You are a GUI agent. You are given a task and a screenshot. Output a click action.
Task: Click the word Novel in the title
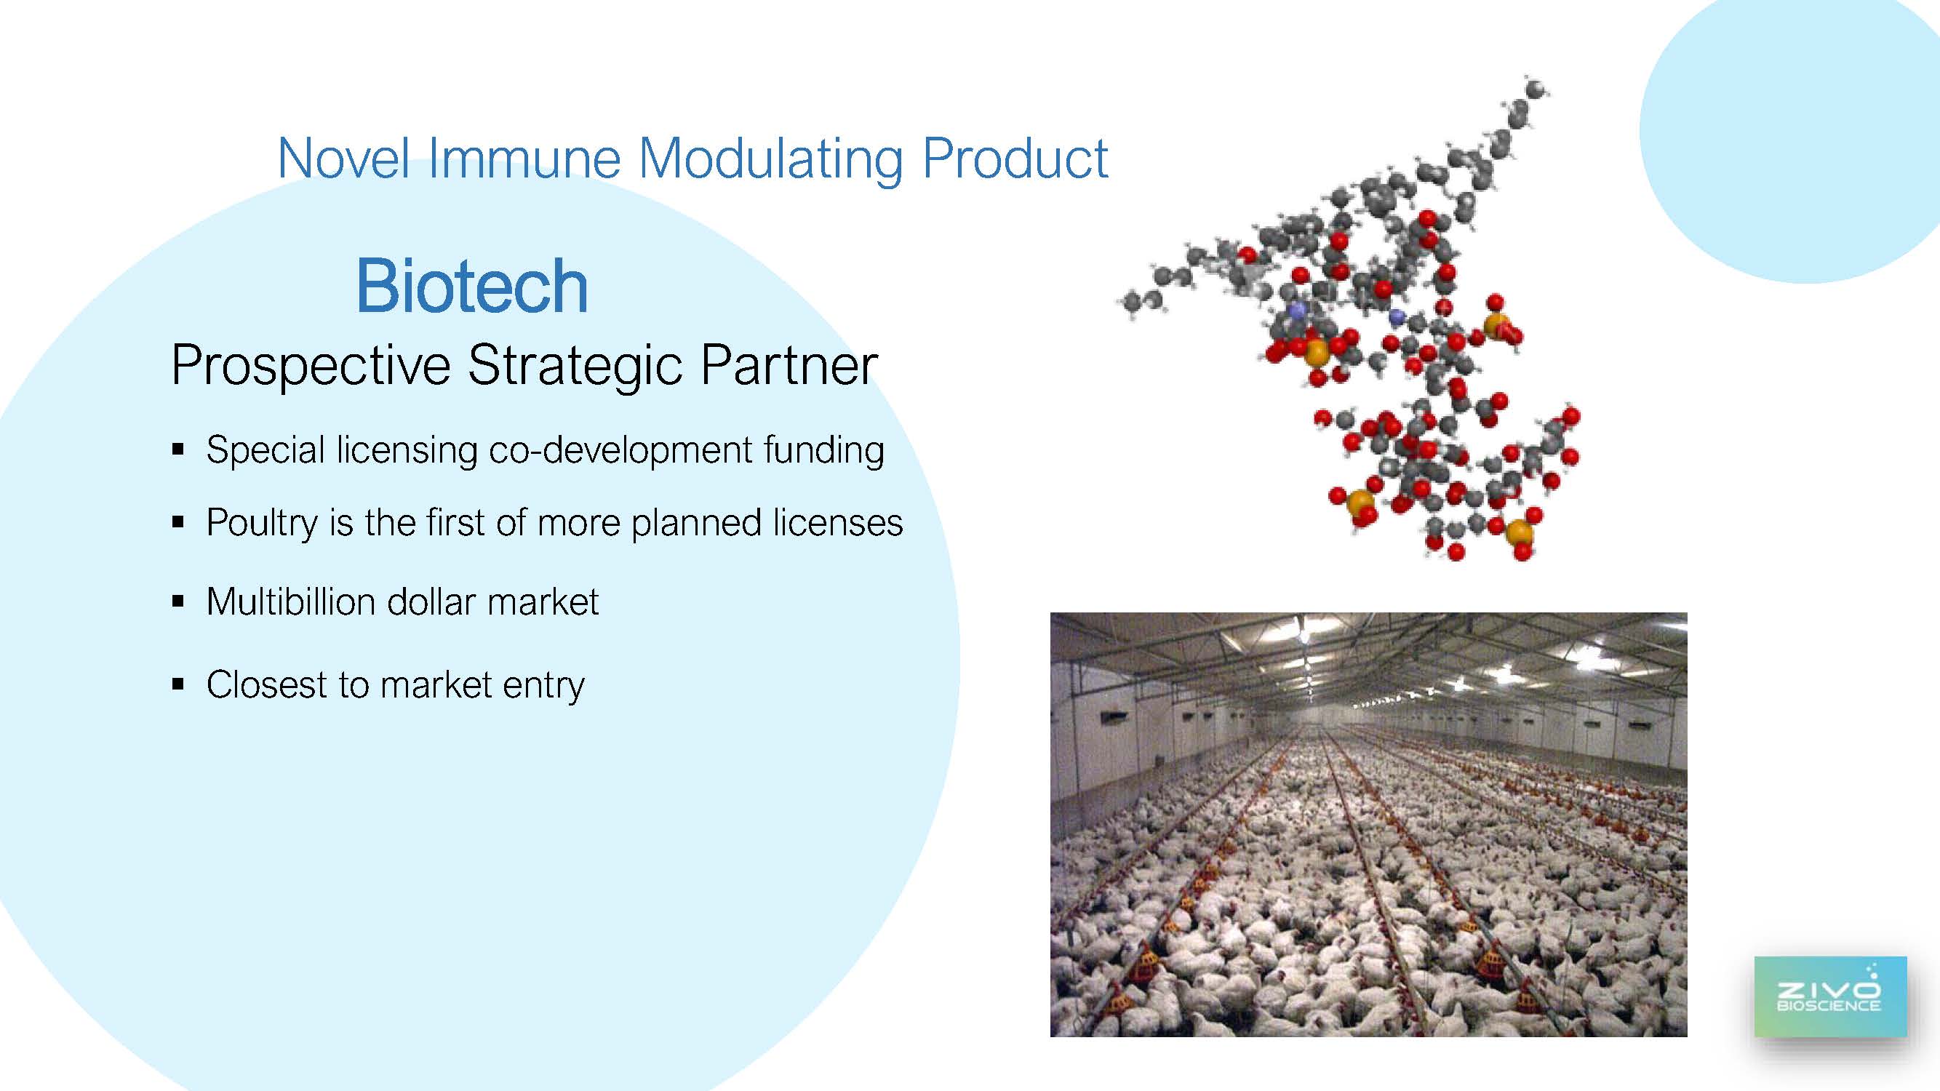(x=344, y=158)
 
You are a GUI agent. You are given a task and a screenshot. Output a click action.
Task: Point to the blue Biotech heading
(x=472, y=286)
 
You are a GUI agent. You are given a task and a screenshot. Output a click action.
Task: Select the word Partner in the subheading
(x=789, y=364)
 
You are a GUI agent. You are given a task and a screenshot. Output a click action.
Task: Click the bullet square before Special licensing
(x=178, y=450)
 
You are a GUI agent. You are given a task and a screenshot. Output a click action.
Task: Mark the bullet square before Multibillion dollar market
(x=178, y=601)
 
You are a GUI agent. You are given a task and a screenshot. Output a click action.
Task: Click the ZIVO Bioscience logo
(x=1830, y=997)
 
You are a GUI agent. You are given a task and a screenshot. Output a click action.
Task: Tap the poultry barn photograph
(x=1368, y=825)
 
